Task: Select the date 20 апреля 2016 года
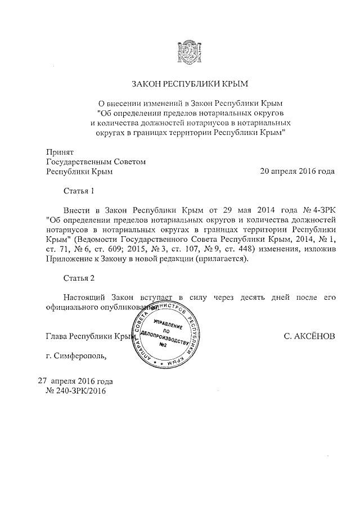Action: tap(297, 172)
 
